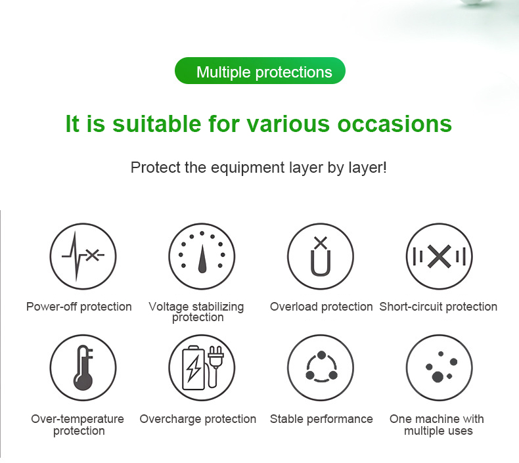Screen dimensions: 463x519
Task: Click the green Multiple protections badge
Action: point(259,71)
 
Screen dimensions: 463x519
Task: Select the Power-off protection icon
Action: point(83,256)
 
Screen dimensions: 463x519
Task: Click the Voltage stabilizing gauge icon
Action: point(201,256)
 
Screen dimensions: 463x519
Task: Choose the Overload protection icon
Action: point(320,256)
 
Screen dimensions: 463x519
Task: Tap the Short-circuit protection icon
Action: point(439,256)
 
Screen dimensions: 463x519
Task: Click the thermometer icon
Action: point(83,368)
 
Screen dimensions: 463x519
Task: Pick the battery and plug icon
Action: point(201,368)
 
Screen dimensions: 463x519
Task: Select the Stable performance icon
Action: point(320,368)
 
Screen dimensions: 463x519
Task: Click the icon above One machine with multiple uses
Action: point(439,368)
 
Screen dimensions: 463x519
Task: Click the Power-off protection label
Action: point(79,307)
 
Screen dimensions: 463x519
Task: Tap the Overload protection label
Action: point(321,307)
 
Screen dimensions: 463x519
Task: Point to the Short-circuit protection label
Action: point(438,307)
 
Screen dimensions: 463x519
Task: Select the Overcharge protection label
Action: point(198,419)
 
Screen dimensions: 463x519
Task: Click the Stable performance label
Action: point(321,419)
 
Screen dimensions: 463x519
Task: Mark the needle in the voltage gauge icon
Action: point(202,261)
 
